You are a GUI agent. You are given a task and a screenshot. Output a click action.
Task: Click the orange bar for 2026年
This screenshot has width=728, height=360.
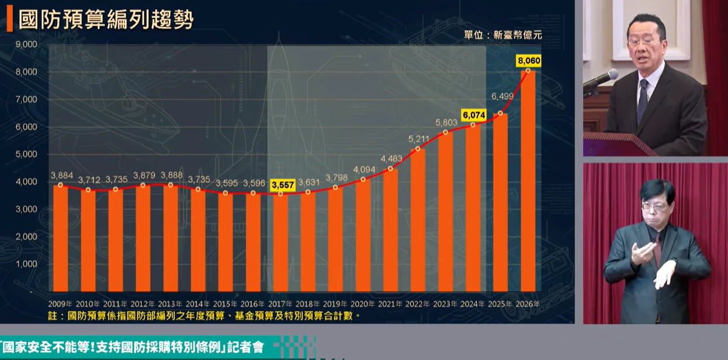[528, 181]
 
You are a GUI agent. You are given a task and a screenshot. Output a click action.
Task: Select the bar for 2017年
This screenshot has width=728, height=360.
[280, 243]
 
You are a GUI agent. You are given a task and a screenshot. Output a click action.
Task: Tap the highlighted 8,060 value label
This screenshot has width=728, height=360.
[528, 60]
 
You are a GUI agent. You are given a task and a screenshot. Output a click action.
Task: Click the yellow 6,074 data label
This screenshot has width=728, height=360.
[473, 115]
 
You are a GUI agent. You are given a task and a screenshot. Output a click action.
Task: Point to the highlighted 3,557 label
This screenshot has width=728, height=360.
[281, 185]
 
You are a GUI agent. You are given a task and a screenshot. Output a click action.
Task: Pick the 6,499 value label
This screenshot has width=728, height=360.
[501, 96]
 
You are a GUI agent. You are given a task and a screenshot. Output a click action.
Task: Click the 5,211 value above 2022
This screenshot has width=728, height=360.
[418, 139]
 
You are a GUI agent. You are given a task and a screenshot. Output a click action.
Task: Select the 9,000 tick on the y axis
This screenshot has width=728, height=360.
[26, 44]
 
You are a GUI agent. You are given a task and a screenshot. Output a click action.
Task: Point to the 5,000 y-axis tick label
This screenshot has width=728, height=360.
[26, 154]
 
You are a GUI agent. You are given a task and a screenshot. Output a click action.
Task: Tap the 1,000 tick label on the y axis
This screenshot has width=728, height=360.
[26, 264]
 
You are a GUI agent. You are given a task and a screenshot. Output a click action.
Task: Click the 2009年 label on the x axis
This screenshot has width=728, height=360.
[60, 304]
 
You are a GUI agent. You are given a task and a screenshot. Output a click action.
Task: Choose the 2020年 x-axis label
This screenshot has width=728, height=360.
[363, 304]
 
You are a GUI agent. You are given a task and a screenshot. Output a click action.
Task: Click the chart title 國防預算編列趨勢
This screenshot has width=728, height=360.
[106, 20]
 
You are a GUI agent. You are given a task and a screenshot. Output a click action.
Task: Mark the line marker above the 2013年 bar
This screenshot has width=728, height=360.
[171, 185]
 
